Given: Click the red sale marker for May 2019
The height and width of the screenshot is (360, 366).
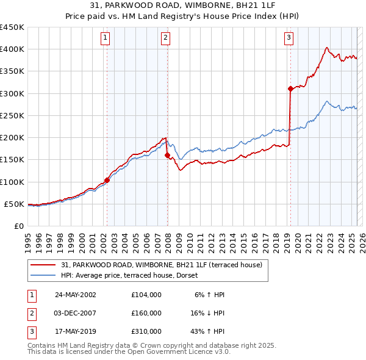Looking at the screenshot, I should (290, 88).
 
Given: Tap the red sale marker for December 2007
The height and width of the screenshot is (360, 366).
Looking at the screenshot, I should (167, 156).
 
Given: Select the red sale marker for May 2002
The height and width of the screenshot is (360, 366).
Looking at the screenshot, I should (107, 180).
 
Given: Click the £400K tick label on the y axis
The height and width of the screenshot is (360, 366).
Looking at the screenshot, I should (12, 49).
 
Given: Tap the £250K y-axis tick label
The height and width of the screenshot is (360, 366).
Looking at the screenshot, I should (12, 115).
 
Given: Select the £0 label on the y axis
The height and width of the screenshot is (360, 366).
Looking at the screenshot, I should (18, 226).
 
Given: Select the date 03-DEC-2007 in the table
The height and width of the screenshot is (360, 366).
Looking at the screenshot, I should (76, 313).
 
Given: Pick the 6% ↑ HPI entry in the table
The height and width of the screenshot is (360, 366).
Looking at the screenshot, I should (210, 295).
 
